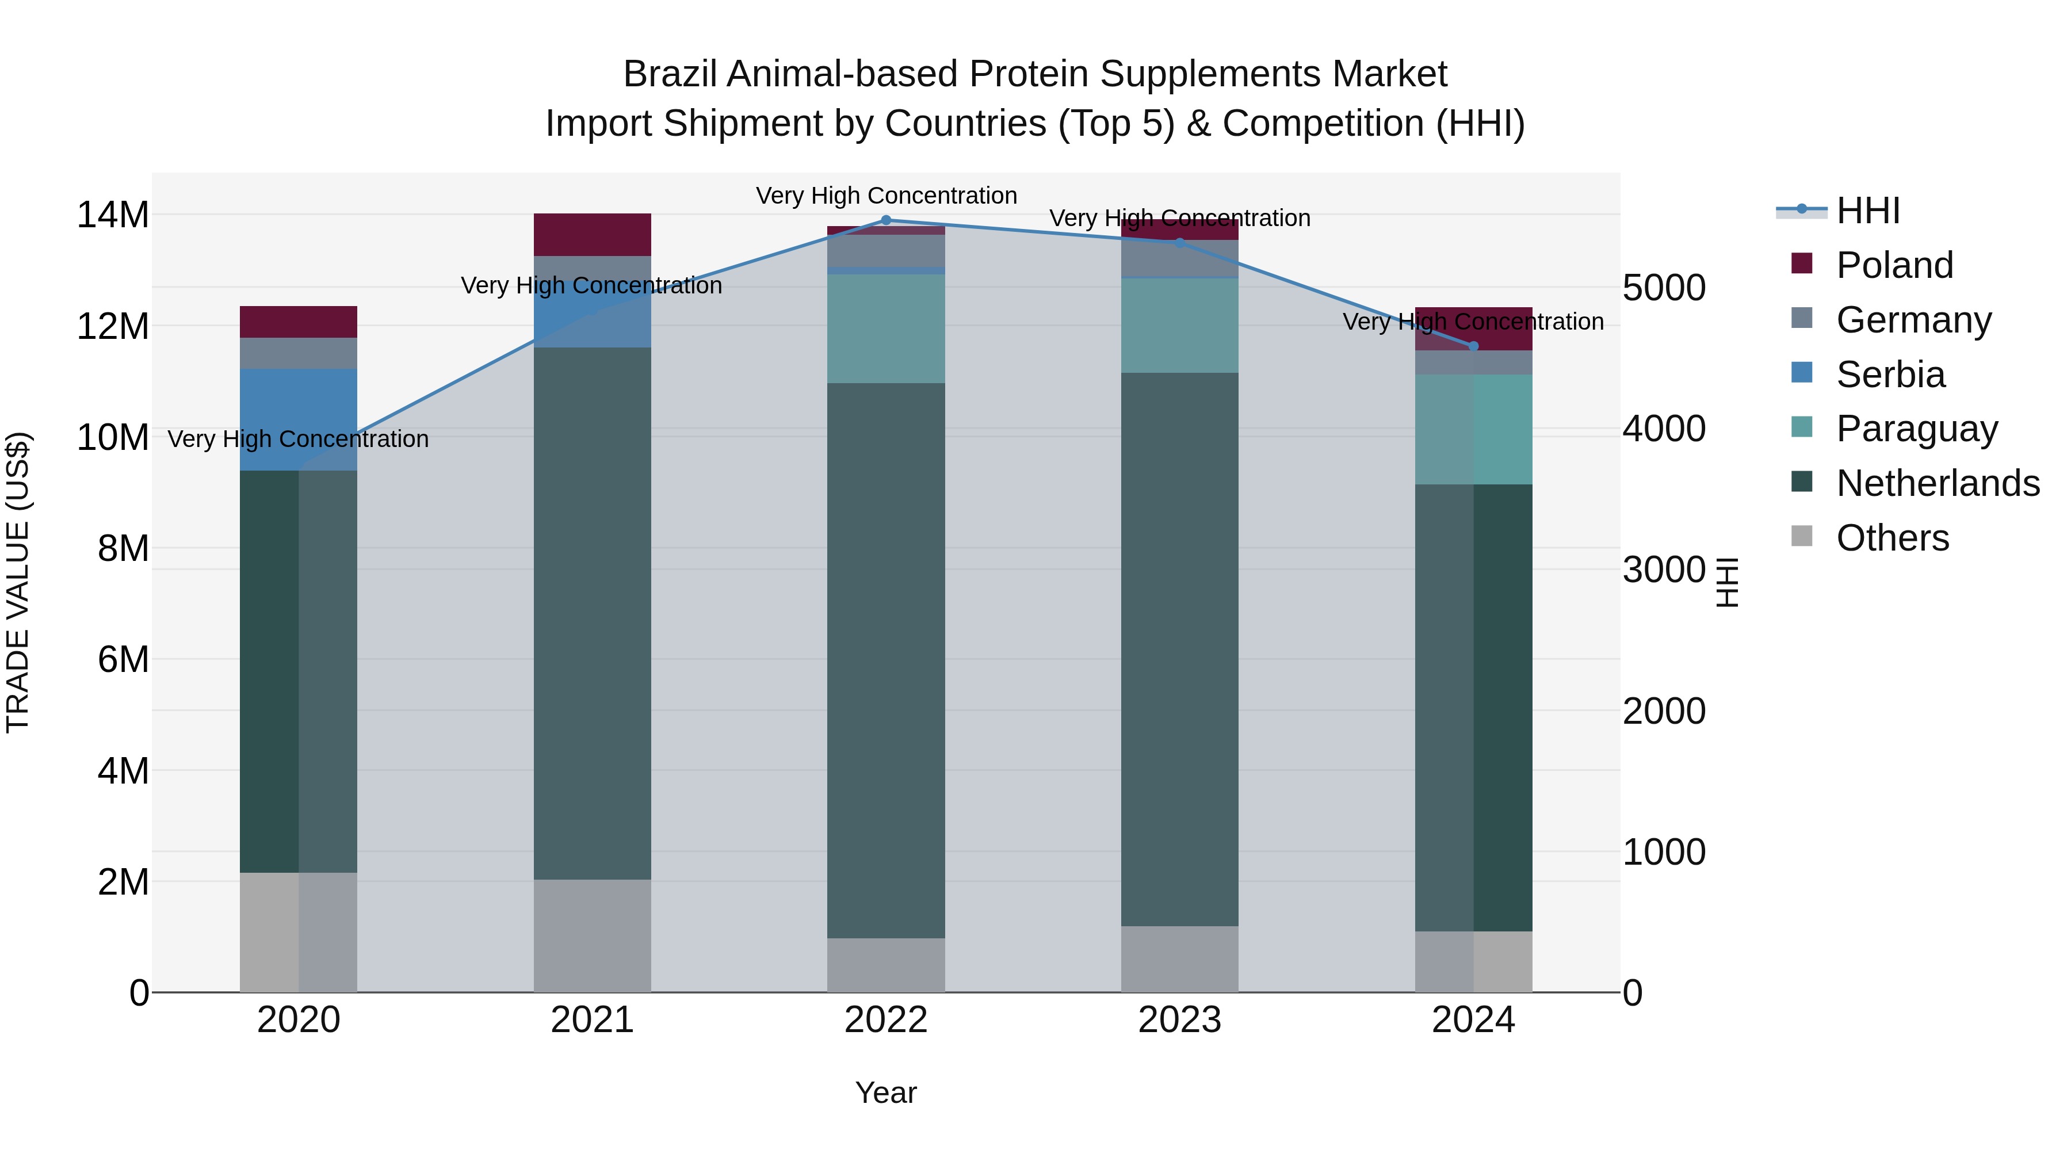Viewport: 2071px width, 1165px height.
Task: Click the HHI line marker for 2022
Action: [x=886, y=220]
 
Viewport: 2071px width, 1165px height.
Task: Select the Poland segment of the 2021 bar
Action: [x=593, y=235]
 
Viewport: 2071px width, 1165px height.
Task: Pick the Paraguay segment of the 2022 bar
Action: [x=886, y=328]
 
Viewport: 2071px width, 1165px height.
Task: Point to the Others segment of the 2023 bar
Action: [x=1179, y=958]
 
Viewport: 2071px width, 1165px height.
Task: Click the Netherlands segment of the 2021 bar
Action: [x=593, y=613]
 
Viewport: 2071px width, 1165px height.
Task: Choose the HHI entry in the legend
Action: [x=1867, y=211]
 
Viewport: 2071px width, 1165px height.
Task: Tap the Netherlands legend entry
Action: [x=1938, y=483]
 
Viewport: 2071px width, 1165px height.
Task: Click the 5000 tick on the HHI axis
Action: [x=1663, y=288]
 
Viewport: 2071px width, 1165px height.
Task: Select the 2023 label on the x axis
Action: [x=1179, y=1020]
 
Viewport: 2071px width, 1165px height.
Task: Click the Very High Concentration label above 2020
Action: [x=298, y=439]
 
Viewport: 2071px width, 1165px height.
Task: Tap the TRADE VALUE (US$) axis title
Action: [x=18, y=582]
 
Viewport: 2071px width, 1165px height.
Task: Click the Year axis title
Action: [x=886, y=1093]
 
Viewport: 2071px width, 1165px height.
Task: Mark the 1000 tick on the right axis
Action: [x=1663, y=852]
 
